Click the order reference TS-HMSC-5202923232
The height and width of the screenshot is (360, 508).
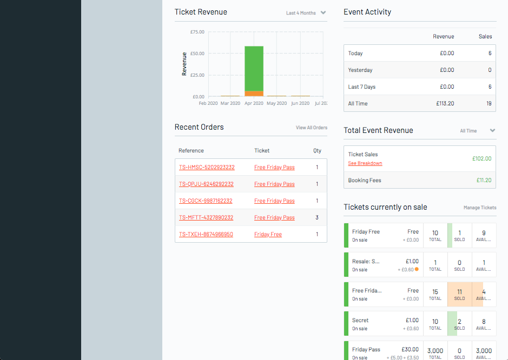(x=206, y=168)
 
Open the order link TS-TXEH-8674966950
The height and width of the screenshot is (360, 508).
(x=206, y=235)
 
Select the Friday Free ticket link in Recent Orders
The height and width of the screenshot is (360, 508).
(x=268, y=235)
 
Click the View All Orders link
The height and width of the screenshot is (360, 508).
(x=311, y=128)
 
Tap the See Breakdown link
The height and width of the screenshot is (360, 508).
(x=365, y=163)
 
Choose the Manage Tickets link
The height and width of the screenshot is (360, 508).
(x=479, y=208)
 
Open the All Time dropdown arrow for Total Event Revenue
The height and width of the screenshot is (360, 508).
(x=492, y=131)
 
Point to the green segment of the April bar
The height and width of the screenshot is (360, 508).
(x=254, y=68)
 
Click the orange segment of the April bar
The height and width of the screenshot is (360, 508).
(x=254, y=94)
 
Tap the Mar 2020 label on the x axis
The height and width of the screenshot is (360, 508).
(x=230, y=103)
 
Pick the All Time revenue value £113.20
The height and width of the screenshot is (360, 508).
(x=445, y=104)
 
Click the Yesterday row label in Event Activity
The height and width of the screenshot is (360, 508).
(x=360, y=70)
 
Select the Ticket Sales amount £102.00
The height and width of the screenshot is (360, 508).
(x=481, y=159)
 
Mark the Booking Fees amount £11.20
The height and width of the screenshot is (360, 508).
(x=484, y=181)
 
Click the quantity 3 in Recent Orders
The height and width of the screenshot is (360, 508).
(x=317, y=218)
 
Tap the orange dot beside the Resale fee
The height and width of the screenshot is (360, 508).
(x=417, y=269)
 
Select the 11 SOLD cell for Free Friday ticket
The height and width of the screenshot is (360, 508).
(x=459, y=295)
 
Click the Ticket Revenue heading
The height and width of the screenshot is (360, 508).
(x=201, y=12)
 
